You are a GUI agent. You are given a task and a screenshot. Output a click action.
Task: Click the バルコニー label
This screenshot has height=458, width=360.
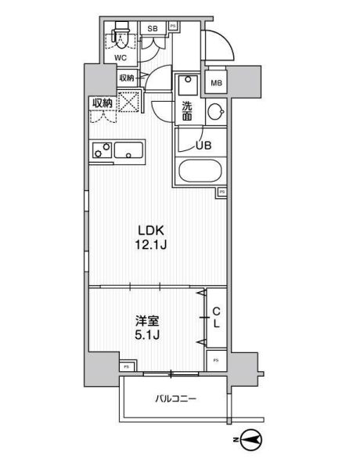pos(173,399)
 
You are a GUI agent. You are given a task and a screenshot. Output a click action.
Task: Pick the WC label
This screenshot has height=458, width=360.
pos(121,57)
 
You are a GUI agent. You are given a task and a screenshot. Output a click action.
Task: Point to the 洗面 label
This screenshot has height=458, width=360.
pos(188,111)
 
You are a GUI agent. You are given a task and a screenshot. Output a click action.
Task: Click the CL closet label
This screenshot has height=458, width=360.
pos(216,316)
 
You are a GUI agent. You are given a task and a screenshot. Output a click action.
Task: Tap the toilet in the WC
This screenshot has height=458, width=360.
pos(119,35)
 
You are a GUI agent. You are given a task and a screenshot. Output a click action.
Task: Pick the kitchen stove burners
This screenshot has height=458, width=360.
pos(99,150)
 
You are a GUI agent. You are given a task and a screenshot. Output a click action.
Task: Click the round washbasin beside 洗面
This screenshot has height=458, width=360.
pos(214,112)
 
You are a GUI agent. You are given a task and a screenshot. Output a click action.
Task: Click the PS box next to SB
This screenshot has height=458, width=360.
pos(172,26)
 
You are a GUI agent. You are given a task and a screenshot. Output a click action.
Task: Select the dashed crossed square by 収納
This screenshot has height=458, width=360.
pos(128,102)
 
